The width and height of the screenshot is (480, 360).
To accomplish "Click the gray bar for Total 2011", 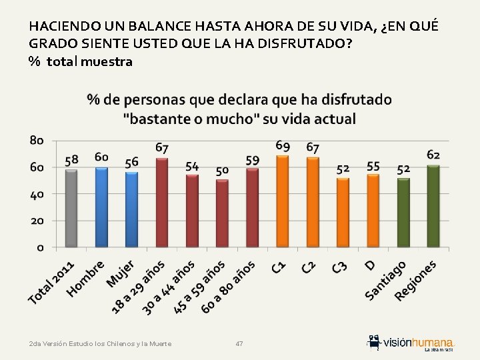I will click(71, 208).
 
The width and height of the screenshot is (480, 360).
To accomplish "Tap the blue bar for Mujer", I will click(131, 209).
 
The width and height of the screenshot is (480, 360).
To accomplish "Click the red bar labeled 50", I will click(222, 213).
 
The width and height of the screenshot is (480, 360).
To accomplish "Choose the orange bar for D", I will click(373, 210).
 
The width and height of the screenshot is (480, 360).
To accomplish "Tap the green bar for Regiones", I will click(433, 205).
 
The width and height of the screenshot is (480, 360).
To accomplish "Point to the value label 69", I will click(283, 145).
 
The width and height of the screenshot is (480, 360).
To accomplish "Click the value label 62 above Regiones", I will click(433, 155).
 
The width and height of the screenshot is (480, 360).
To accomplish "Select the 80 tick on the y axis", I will click(37, 141).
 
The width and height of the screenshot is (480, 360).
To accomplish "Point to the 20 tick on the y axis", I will click(37, 221).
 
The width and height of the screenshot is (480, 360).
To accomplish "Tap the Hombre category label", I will click(87, 278).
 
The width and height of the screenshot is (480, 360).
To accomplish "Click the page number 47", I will click(239, 343).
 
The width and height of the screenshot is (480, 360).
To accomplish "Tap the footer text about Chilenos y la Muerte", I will click(100, 343).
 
